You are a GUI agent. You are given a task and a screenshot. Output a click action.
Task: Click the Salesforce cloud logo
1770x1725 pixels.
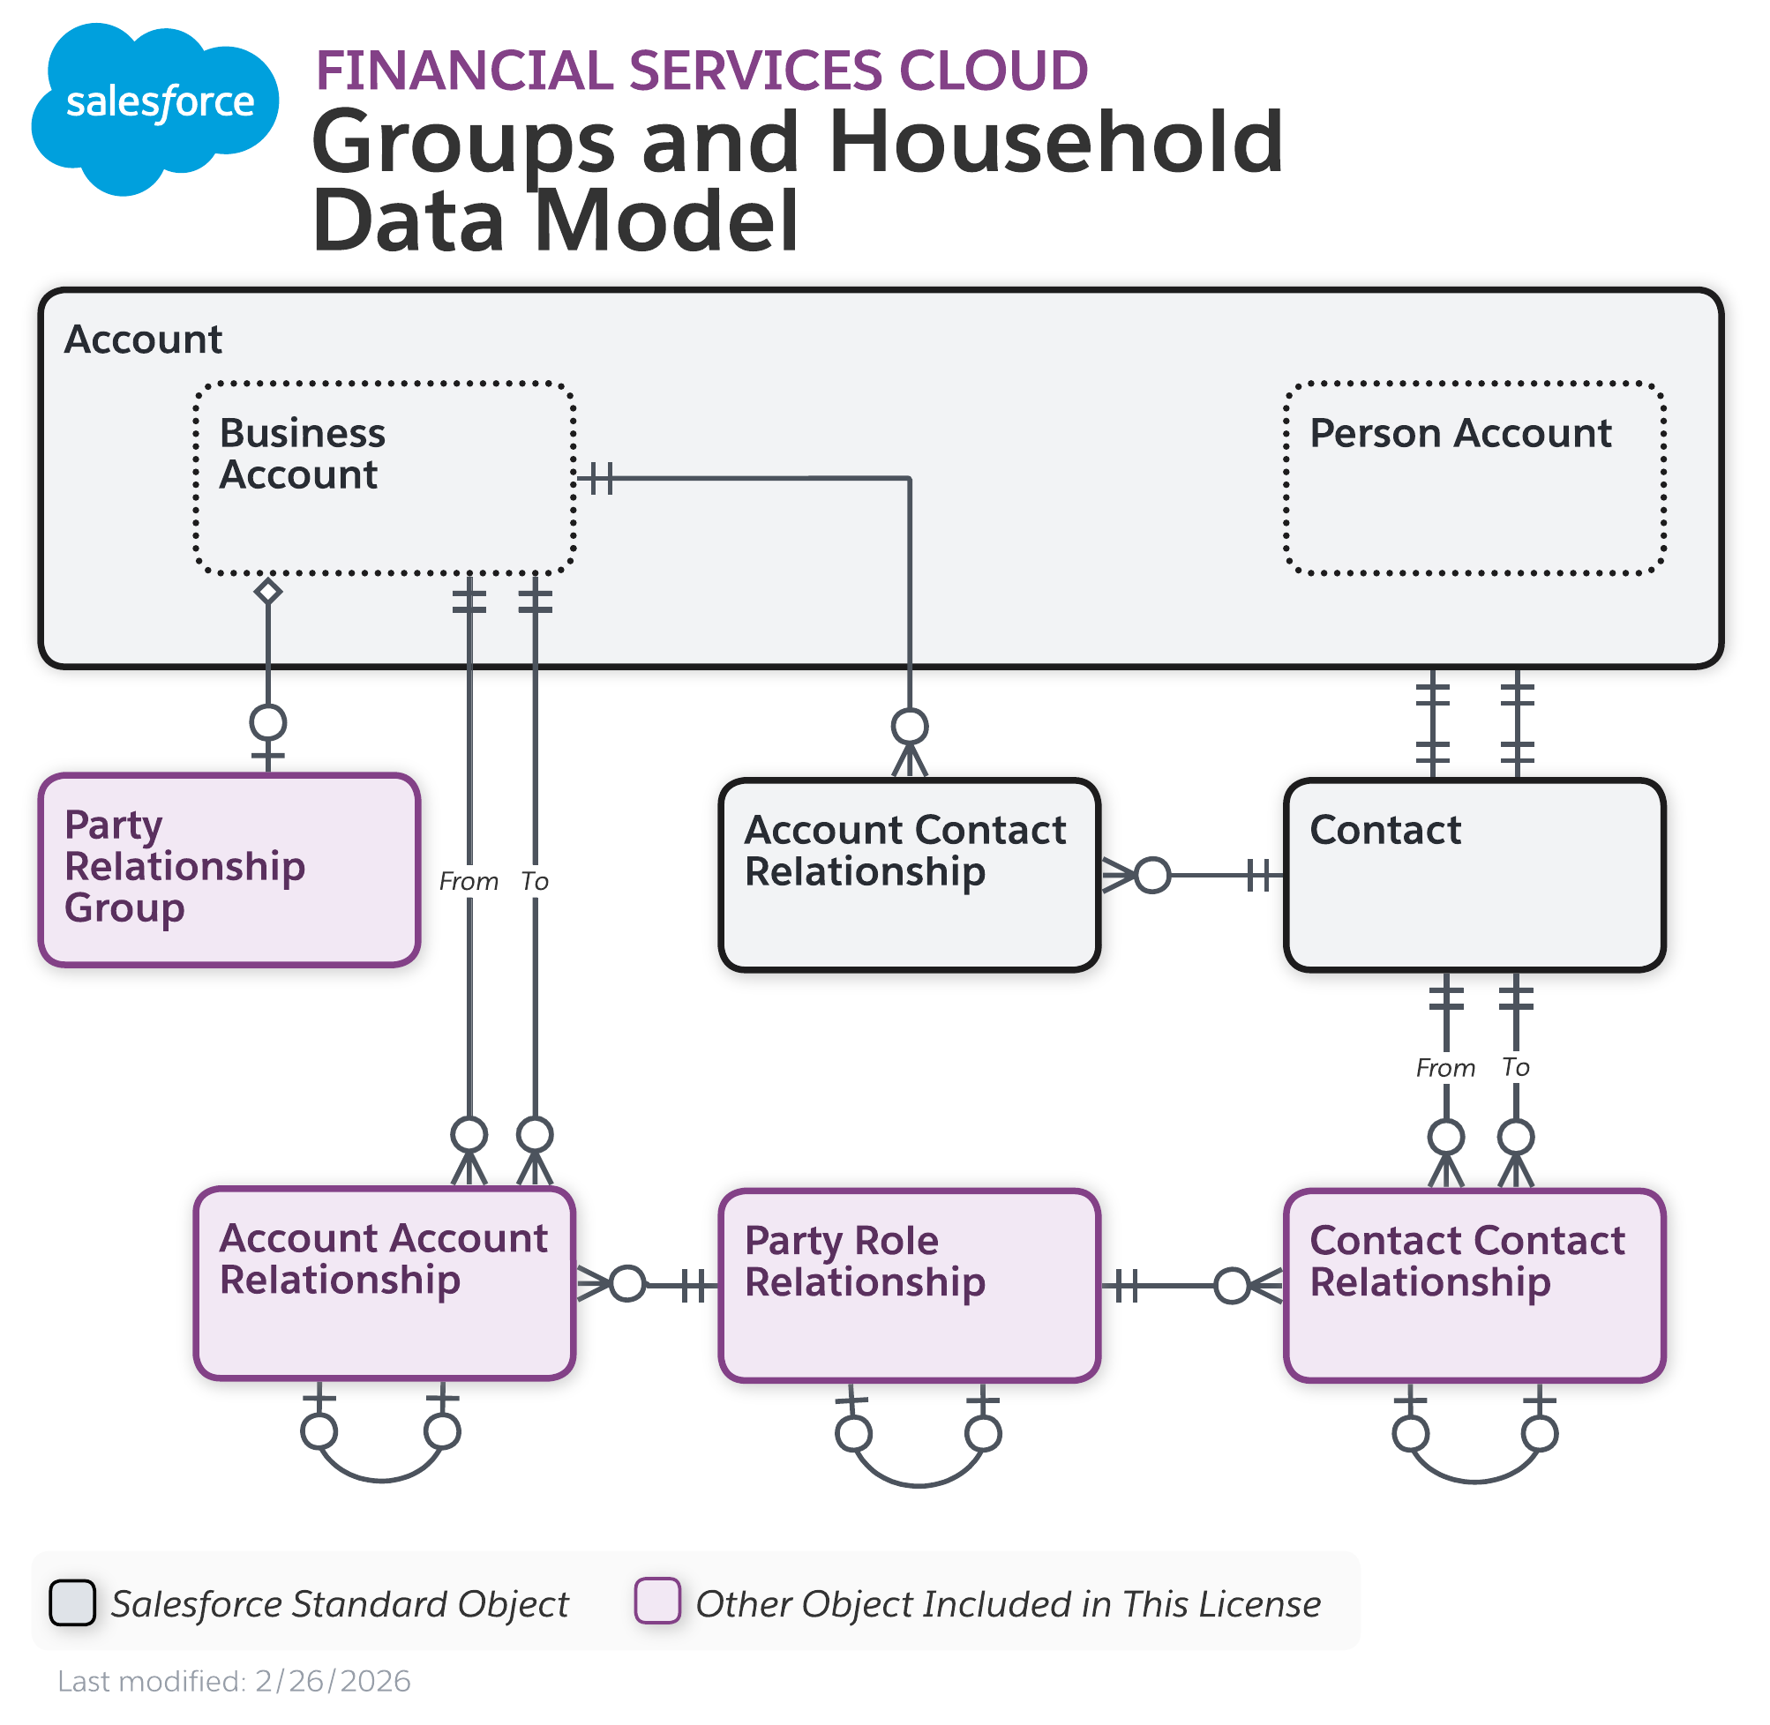[154, 104]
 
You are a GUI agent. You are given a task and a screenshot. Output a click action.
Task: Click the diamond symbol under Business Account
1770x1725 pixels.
[268, 593]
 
